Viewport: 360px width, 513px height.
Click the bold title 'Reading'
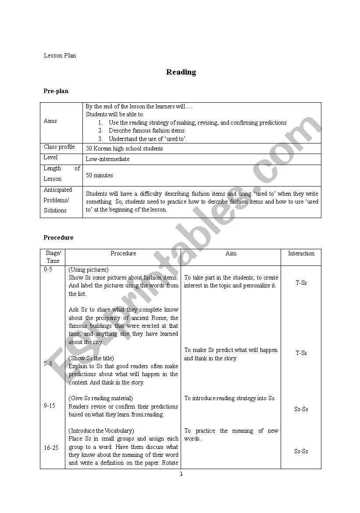pos(181,72)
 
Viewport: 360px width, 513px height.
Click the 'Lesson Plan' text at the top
pos(60,56)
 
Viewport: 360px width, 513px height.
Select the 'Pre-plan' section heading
pos(56,91)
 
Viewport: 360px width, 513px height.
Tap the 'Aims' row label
pos(50,121)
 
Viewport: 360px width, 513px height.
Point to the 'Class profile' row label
pos(59,147)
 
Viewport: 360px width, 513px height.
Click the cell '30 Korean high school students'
pos(125,149)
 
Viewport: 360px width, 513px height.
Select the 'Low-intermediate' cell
pos(107,159)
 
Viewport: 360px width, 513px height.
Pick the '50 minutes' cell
pos(100,176)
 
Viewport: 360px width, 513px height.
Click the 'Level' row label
pos(50,158)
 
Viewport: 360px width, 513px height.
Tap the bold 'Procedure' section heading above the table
pos(58,238)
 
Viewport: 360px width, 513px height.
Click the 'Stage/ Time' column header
pos(53,257)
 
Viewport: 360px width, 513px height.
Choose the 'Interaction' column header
pos(301,254)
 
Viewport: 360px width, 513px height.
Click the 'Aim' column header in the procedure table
pos(231,254)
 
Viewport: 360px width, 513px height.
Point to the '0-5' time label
pos(48,269)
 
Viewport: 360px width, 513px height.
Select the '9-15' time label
pos(50,406)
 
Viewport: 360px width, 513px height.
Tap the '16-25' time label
pos(51,448)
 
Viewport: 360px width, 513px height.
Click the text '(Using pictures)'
pos(89,270)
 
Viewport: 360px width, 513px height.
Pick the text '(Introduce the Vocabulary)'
pos(101,431)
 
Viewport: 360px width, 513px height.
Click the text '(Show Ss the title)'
pos(91,359)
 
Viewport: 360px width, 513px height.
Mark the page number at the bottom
pos(181,474)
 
